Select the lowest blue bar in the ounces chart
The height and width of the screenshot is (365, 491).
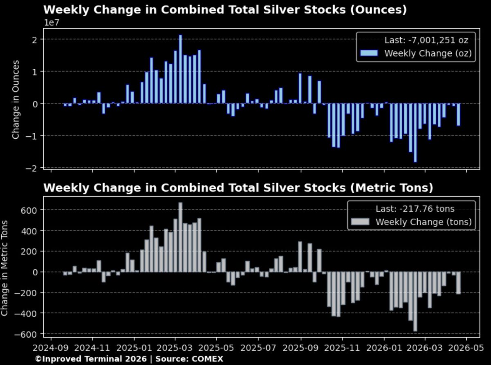tap(415, 133)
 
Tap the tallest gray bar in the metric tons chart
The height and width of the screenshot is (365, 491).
tap(180, 237)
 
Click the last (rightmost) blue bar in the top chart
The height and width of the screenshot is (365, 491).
tap(459, 115)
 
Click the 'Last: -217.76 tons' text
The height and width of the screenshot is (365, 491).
tap(415, 209)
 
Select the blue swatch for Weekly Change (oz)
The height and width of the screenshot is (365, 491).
tap(369, 53)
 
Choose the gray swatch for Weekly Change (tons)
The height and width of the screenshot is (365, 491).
tap(360, 222)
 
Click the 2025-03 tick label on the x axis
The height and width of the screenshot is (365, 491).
tap(175, 349)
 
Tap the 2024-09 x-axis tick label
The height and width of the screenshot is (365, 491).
tap(51, 349)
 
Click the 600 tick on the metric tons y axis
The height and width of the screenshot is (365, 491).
tap(29, 210)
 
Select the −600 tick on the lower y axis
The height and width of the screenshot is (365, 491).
tap(27, 334)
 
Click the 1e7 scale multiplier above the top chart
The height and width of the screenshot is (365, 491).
tap(52, 23)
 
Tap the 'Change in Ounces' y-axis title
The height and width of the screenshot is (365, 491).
tap(16, 99)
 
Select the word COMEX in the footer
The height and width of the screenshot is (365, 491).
tap(210, 359)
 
